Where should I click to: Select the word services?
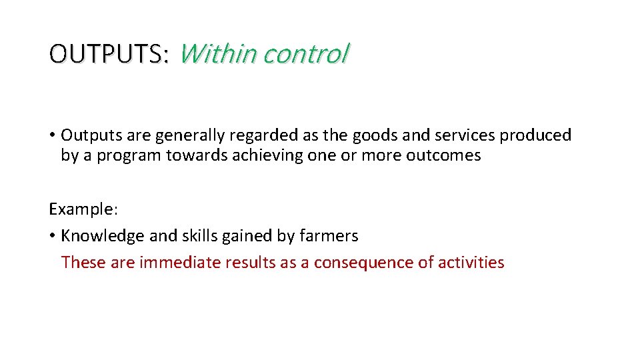click(x=465, y=135)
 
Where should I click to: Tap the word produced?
click(x=536, y=135)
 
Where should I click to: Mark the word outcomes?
click(x=448, y=156)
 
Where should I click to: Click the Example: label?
click(x=83, y=209)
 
